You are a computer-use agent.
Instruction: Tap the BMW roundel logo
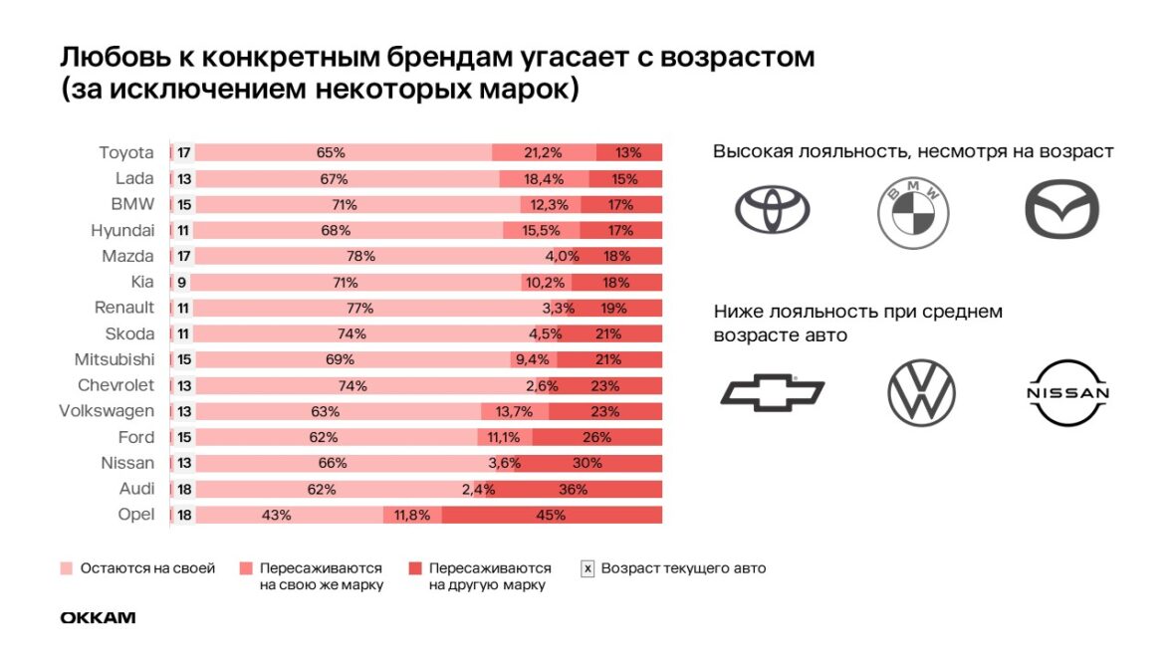(x=913, y=211)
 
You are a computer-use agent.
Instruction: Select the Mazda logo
(x=1061, y=210)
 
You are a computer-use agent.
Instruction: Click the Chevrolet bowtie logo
(x=772, y=393)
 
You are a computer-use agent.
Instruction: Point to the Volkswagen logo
(x=920, y=393)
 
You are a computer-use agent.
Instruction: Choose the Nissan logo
(x=1067, y=393)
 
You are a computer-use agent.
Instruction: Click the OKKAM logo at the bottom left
(x=98, y=618)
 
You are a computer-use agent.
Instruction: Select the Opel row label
(x=136, y=515)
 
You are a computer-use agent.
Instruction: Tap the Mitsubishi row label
(x=115, y=359)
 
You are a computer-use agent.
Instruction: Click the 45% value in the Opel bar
(x=551, y=515)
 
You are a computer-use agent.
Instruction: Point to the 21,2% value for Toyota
(x=543, y=152)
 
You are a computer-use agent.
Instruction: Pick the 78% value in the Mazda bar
(x=360, y=256)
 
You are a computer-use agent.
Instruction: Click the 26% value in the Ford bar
(x=596, y=437)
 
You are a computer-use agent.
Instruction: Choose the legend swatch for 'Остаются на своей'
(x=66, y=569)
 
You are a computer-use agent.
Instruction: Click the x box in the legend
(x=587, y=569)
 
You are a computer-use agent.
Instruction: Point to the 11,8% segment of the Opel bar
(x=411, y=515)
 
